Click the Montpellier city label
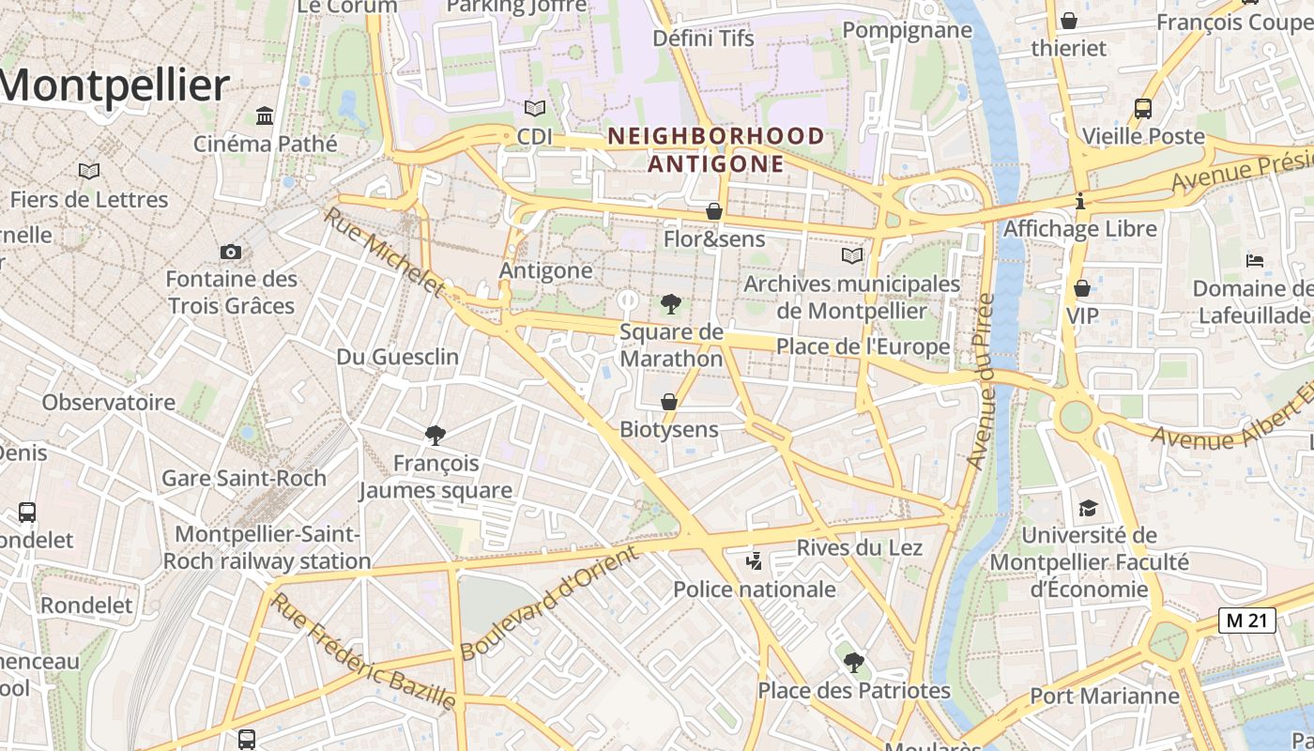(x=115, y=86)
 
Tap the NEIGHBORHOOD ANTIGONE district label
(x=716, y=150)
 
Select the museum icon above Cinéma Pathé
(x=265, y=116)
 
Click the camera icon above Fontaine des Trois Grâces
(x=230, y=252)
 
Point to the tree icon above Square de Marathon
(x=670, y=303)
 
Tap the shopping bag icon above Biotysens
(x=669, y=402)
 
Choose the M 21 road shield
(x=1246, y=620)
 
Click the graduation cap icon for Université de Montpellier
(x=1088, y=508)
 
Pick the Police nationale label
(x=755, y=590)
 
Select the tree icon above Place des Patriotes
(x=853, y=663)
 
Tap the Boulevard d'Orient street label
(x=549, y=602)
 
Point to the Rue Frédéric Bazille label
(x=364, y=651)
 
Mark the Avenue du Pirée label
(x=981, y=381)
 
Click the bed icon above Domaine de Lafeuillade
(x=1255, y=260)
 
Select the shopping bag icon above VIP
(x=1082, y=288)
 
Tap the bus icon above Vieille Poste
(x=1142, y=108)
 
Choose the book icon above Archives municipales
(x=851, y=255)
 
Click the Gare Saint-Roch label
(x=244, y=478)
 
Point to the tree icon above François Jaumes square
(x=435, y=435)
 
